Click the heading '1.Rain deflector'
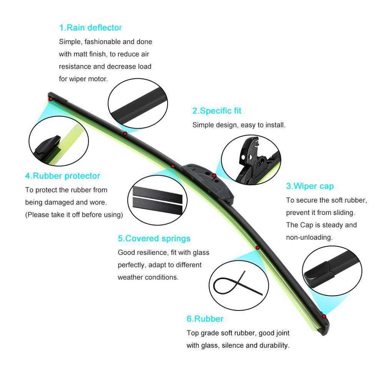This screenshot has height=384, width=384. pyautogui.click(x=90, y=28)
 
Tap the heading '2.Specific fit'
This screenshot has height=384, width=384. pyautogui.click(x=217, y=111)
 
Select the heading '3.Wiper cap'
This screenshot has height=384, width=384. pyautogui.click(x=310, y=186)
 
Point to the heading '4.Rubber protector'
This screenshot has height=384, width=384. pyautogui.click(x=63, y=176)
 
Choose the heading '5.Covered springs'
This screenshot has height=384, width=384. pyautogui.click(x=154, y=238)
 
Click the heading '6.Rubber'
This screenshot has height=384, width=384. pyautogui.click(x=205, y=319)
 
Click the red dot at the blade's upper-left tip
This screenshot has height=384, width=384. pyautogui.click(x=51, y=99)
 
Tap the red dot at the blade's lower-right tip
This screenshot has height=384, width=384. pyautogui.click(x=324, y=316)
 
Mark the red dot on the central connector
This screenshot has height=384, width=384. pyautogui.click(x=214, y=175)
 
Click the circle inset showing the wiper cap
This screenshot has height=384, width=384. pyautogui.click(x=332, y=271)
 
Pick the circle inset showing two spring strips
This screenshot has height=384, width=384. pyautogui.click(x=157, y=200)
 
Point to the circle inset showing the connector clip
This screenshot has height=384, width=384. pyautogui.click(x=251, y=160)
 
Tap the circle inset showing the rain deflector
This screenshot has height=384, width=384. pyautogui.click(x=138, y=103)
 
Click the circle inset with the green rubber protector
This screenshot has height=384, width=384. pyautogui.click(x=59, y=141)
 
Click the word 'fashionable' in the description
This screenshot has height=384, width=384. pyautogui.click(x=103, y=42)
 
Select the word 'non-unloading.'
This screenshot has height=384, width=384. pyautogui.click(x=309, y=237)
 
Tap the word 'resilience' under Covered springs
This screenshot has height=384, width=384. pyautogui.click(x=151, y=252)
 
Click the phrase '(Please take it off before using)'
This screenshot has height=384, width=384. pyautogui.click(x=74, y=215)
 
